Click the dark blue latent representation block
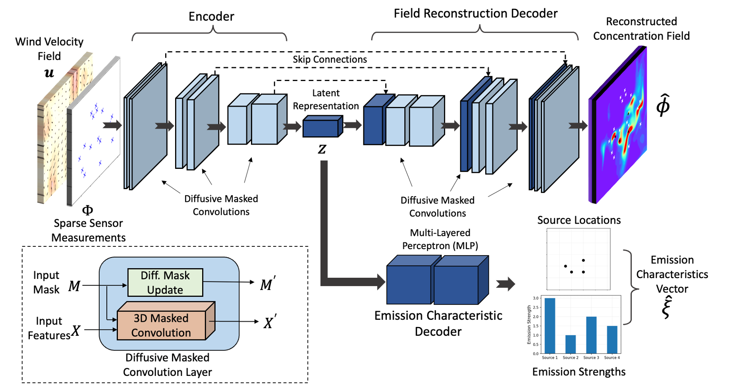pos(322,126)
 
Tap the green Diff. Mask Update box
pos(165,283)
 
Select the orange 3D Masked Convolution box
pos(166,321)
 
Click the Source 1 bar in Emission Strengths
pos(550,326)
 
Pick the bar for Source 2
pos(571,344)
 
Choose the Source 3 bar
pos(591,335)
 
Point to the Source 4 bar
pos(612,340)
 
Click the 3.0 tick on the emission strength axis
pos(536,298)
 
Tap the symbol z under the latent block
pos(322,149)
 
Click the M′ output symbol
pos(268,284)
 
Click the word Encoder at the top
pos(211,16)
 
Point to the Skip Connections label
pos(330,59)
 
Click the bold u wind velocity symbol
pos(49,73)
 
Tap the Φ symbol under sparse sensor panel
pos(87,210)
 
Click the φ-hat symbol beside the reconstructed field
pos(663,105)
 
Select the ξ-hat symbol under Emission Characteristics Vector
pos(666,308)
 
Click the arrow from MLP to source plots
pos(505,284)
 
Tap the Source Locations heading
pos(579,220)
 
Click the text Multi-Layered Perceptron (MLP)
pos(440,239)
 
